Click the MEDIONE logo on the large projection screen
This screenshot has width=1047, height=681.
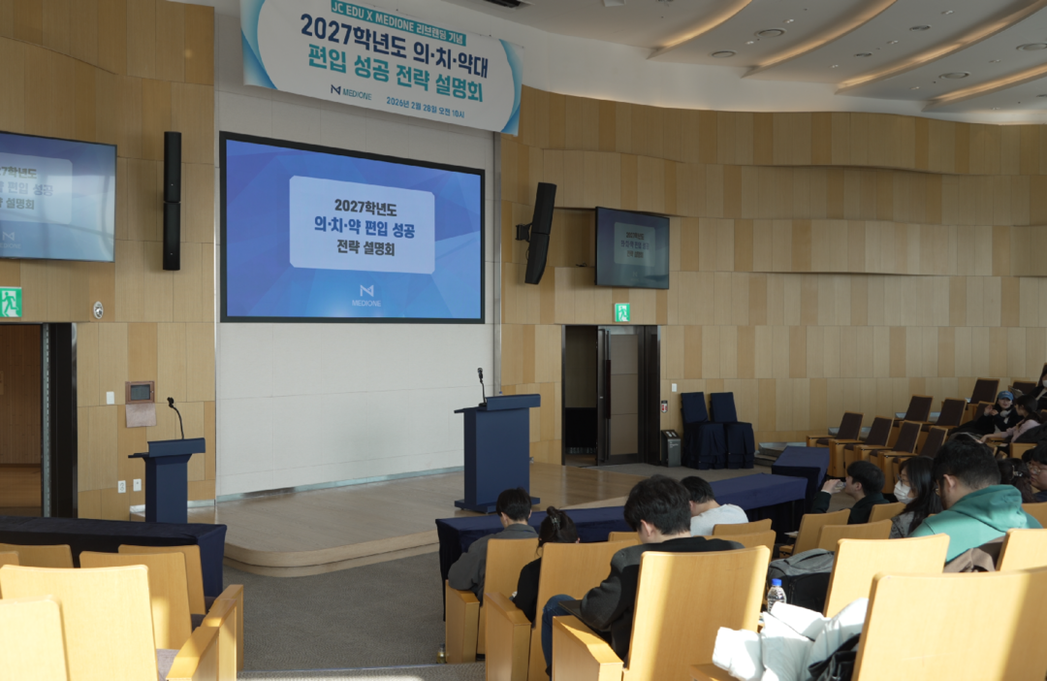(365, 294)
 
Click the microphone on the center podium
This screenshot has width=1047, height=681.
(482, 383)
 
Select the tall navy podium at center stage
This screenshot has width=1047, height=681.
(497, 451)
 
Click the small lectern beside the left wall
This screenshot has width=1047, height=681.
(168, 479)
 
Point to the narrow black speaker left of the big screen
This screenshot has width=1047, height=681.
(172, 201)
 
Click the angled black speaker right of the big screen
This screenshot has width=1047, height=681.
(539, 233)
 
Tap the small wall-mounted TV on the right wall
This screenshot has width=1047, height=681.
(632, 248)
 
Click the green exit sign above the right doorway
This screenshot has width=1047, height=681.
(621, 311)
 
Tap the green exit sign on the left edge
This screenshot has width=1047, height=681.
(10, 302)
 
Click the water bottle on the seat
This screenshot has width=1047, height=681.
(776, 594)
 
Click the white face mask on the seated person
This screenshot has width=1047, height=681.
(903, 492)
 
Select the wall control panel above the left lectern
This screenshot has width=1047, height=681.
(140, 392)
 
